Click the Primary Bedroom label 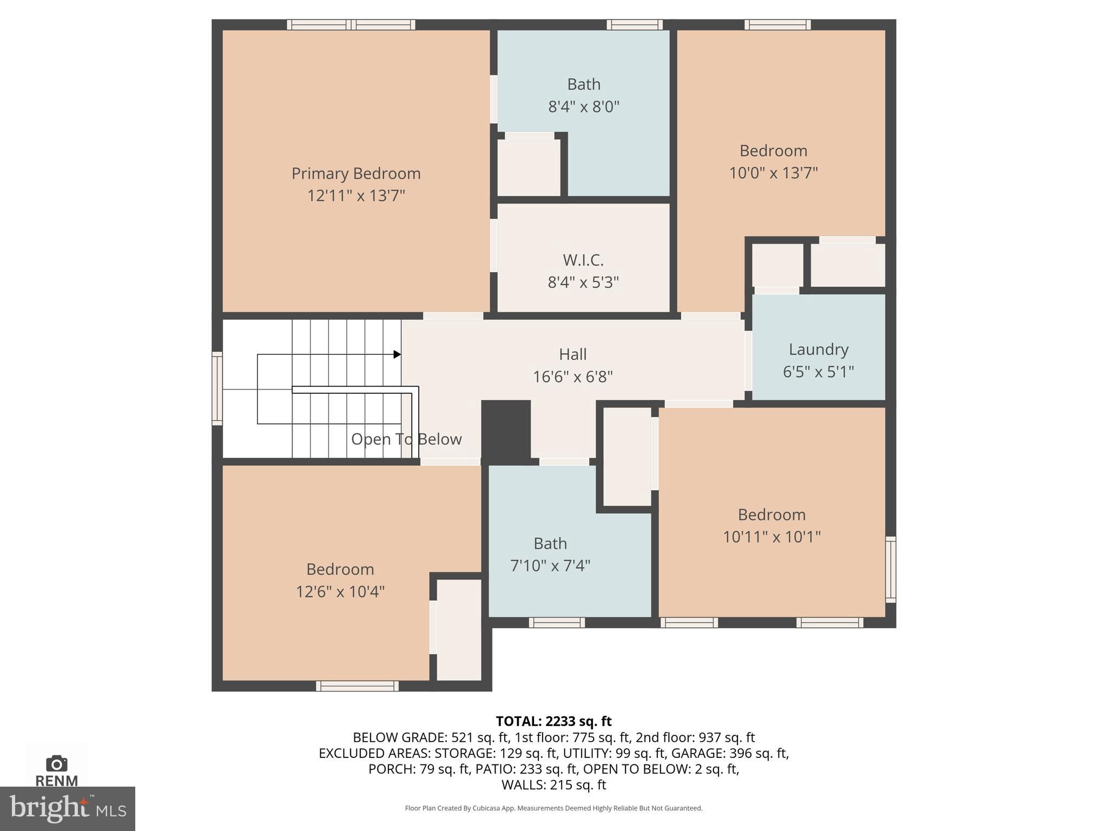pos(356,174)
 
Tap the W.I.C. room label pos(583,260)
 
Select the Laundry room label pos(818,349)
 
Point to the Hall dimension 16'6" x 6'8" pos(572,377)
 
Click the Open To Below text pos(406,439)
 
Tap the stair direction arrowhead pos(397,354)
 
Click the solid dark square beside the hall pos(506,431)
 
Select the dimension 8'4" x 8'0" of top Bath pos(583,107)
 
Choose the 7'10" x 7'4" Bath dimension pos(550,566)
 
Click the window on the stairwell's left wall pos(217,388)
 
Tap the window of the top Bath pos(634,24)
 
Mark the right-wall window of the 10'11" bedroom pos(891,569)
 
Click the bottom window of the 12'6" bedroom pos(357,686)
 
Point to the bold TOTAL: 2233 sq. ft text pos(553,721)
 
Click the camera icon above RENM pos(57,763)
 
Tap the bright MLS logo pos(68,808)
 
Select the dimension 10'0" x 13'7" pos(773,173)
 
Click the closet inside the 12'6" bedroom pos(459,630)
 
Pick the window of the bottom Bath pos(557,623)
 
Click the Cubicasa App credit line pos(553,808)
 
